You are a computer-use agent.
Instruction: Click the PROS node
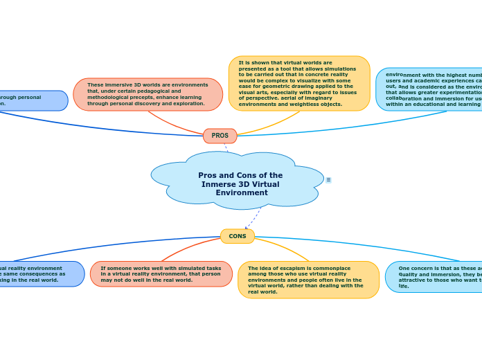point(220,136)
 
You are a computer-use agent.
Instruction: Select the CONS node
point(238,236)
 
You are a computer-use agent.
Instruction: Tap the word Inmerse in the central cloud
point(220,184)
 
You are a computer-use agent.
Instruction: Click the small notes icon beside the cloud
point(328,180)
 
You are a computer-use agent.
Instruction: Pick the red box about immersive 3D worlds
point(148,94)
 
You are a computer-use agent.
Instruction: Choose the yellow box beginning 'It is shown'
point(299,83)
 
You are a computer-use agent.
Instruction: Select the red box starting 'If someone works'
point(161,274)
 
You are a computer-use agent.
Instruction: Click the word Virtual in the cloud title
point(266,184)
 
